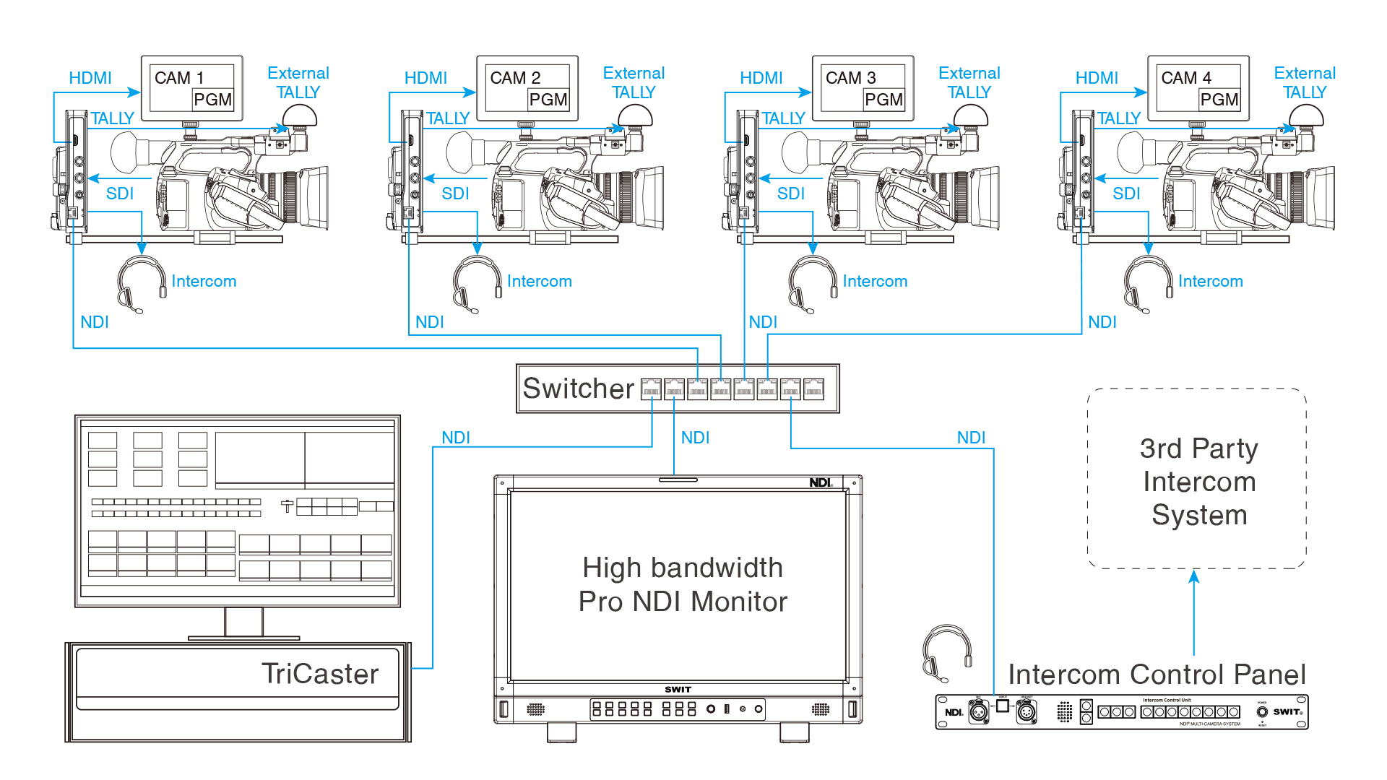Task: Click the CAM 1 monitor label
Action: (x=179, y=77)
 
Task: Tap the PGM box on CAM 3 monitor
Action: (x=883, y=100)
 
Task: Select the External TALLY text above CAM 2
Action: (x=634, y=82)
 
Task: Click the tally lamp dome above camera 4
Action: (x=1306, y=115)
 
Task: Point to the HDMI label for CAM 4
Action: (x=1096, y=78)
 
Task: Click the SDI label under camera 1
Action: (x=120, y=194)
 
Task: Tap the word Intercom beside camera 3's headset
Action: (x=874, y=281)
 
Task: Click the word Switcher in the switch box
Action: (x=578, y=389)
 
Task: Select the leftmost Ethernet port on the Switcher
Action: (x=651, y=389)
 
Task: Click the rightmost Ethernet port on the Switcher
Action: (x=813, y=389)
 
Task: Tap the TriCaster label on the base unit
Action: (x=319, y=674)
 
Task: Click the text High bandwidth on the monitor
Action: (x=682, y=568)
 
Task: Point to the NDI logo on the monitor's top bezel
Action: (x=820, y=482)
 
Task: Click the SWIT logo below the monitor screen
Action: (x=678, y=689)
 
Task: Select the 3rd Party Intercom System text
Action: (x=1198, y=482)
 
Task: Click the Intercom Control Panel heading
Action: (x=1156, y=675)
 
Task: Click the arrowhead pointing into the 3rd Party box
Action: (x=1194, y=576)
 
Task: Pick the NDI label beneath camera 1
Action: (x=95, y=322)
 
